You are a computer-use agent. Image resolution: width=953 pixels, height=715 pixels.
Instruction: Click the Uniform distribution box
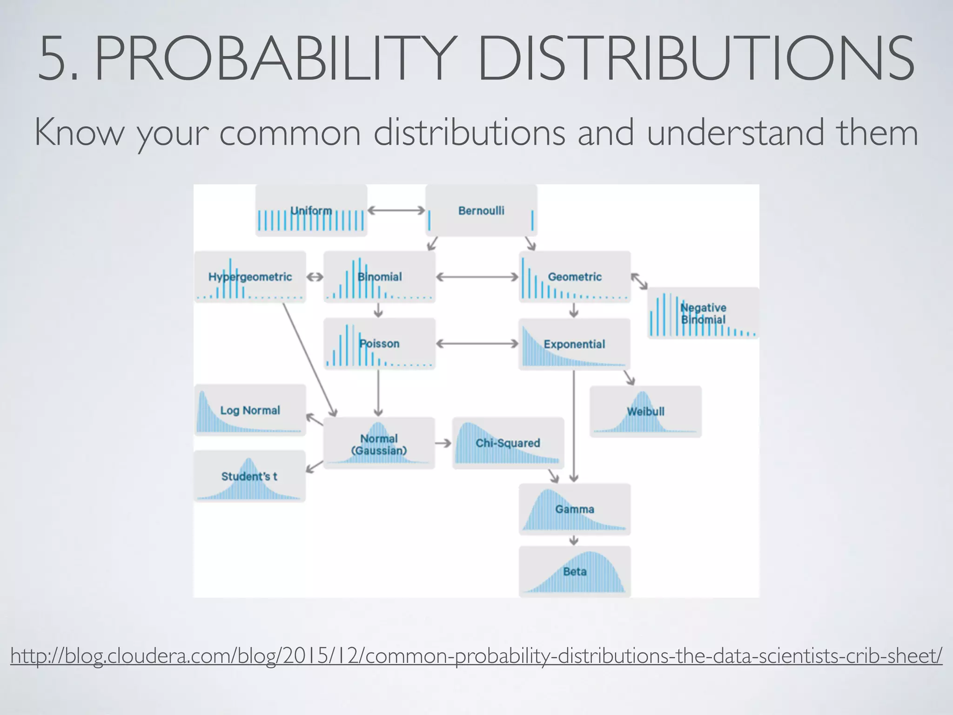[x=311, y=210]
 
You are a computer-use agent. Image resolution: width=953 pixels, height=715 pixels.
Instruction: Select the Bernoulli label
[x=481, y=211]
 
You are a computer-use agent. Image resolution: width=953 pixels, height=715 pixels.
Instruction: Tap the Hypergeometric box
[x=250, y=277]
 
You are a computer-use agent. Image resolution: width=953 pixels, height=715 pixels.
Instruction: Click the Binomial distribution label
[x=380, y=277]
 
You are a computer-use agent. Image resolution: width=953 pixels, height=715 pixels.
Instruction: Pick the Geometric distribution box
[x=575, y=277]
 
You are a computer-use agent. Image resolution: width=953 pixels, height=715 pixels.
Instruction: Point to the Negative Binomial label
[x=703, y=313]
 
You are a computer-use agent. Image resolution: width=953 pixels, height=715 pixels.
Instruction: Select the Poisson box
[x=380, y=344]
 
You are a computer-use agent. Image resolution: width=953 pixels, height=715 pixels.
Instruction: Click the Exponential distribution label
[x=574, y=344]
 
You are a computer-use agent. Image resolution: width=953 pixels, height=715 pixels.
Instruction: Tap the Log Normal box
[x=250, y=410]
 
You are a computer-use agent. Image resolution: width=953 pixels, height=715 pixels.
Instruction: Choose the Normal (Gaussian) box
[x=379, y=444]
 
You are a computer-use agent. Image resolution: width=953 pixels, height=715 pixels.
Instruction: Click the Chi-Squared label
[x=508, y=443]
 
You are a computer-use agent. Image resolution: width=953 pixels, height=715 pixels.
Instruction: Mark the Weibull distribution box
[x=645, y=411]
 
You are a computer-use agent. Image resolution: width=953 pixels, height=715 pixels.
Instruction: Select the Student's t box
[x=249, y=476]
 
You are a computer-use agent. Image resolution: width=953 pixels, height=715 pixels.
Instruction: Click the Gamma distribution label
[x=575, y=509]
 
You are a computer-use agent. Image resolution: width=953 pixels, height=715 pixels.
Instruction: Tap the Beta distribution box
[x=575, y=572]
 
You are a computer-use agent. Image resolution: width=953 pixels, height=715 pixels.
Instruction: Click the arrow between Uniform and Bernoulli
[x=396, y=210]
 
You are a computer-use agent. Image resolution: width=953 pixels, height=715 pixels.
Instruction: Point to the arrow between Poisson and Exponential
[x=477, y=344]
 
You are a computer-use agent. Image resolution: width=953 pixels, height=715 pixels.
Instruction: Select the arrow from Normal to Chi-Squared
[x=443, y=443]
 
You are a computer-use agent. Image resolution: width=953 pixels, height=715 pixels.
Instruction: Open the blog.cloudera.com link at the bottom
[x=476, y=656]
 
